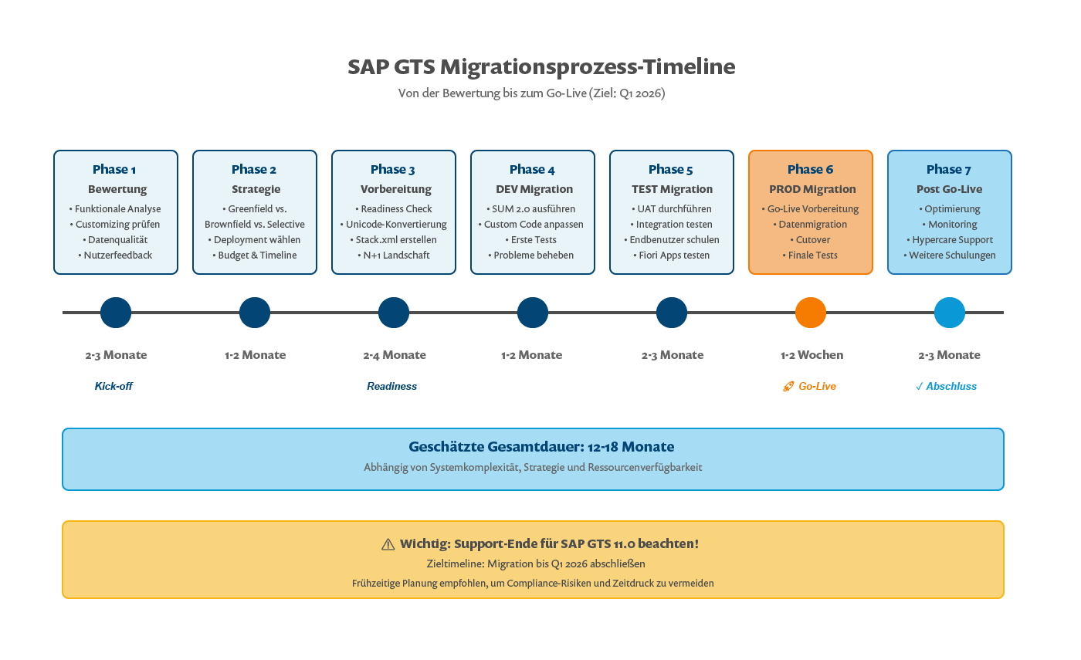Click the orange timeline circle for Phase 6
coord(811,313)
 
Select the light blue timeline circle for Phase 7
coord(950,313)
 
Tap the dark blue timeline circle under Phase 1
coord(116,313)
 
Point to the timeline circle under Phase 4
coord(533,313)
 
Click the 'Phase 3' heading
coord(393,169)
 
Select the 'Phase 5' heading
coord(671,169)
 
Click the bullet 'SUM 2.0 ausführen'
coord(533,209)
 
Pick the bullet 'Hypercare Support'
coord(950,240)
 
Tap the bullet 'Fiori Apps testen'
coord(672,256)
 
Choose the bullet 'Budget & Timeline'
coord(255,256)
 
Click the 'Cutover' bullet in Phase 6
coord(811,240)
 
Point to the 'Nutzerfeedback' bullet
coord(116,256)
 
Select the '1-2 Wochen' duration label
coord(812,355)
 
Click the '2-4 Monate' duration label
coord(395,355)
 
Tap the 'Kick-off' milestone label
coord(114,386)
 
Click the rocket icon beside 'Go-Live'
coord(788,386)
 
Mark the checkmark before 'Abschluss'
coord(920,386)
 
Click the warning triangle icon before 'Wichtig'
coord(388,544)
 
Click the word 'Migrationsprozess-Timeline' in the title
coord(588,67)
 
